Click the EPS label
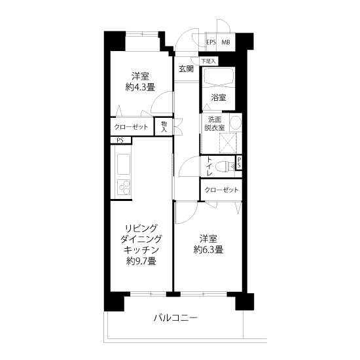point(211,43)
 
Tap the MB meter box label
point(225,43)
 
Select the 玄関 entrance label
point(186,69)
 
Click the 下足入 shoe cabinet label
point(208,62)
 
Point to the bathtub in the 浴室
point(219,76)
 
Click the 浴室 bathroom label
point(219,98)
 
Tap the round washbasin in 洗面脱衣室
point(236,122)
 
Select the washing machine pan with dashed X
point(228,143)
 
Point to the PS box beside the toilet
point(239,162)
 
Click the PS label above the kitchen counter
point(120,140)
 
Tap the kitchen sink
point(124,164)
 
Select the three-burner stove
point(124,187)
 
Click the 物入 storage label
point(164,127)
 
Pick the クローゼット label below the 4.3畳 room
point(132,127)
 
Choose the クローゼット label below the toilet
point(221,190)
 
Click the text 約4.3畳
point(140,87)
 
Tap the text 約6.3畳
point(208,249)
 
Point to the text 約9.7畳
point(141,261)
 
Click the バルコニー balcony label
point(175,318)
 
